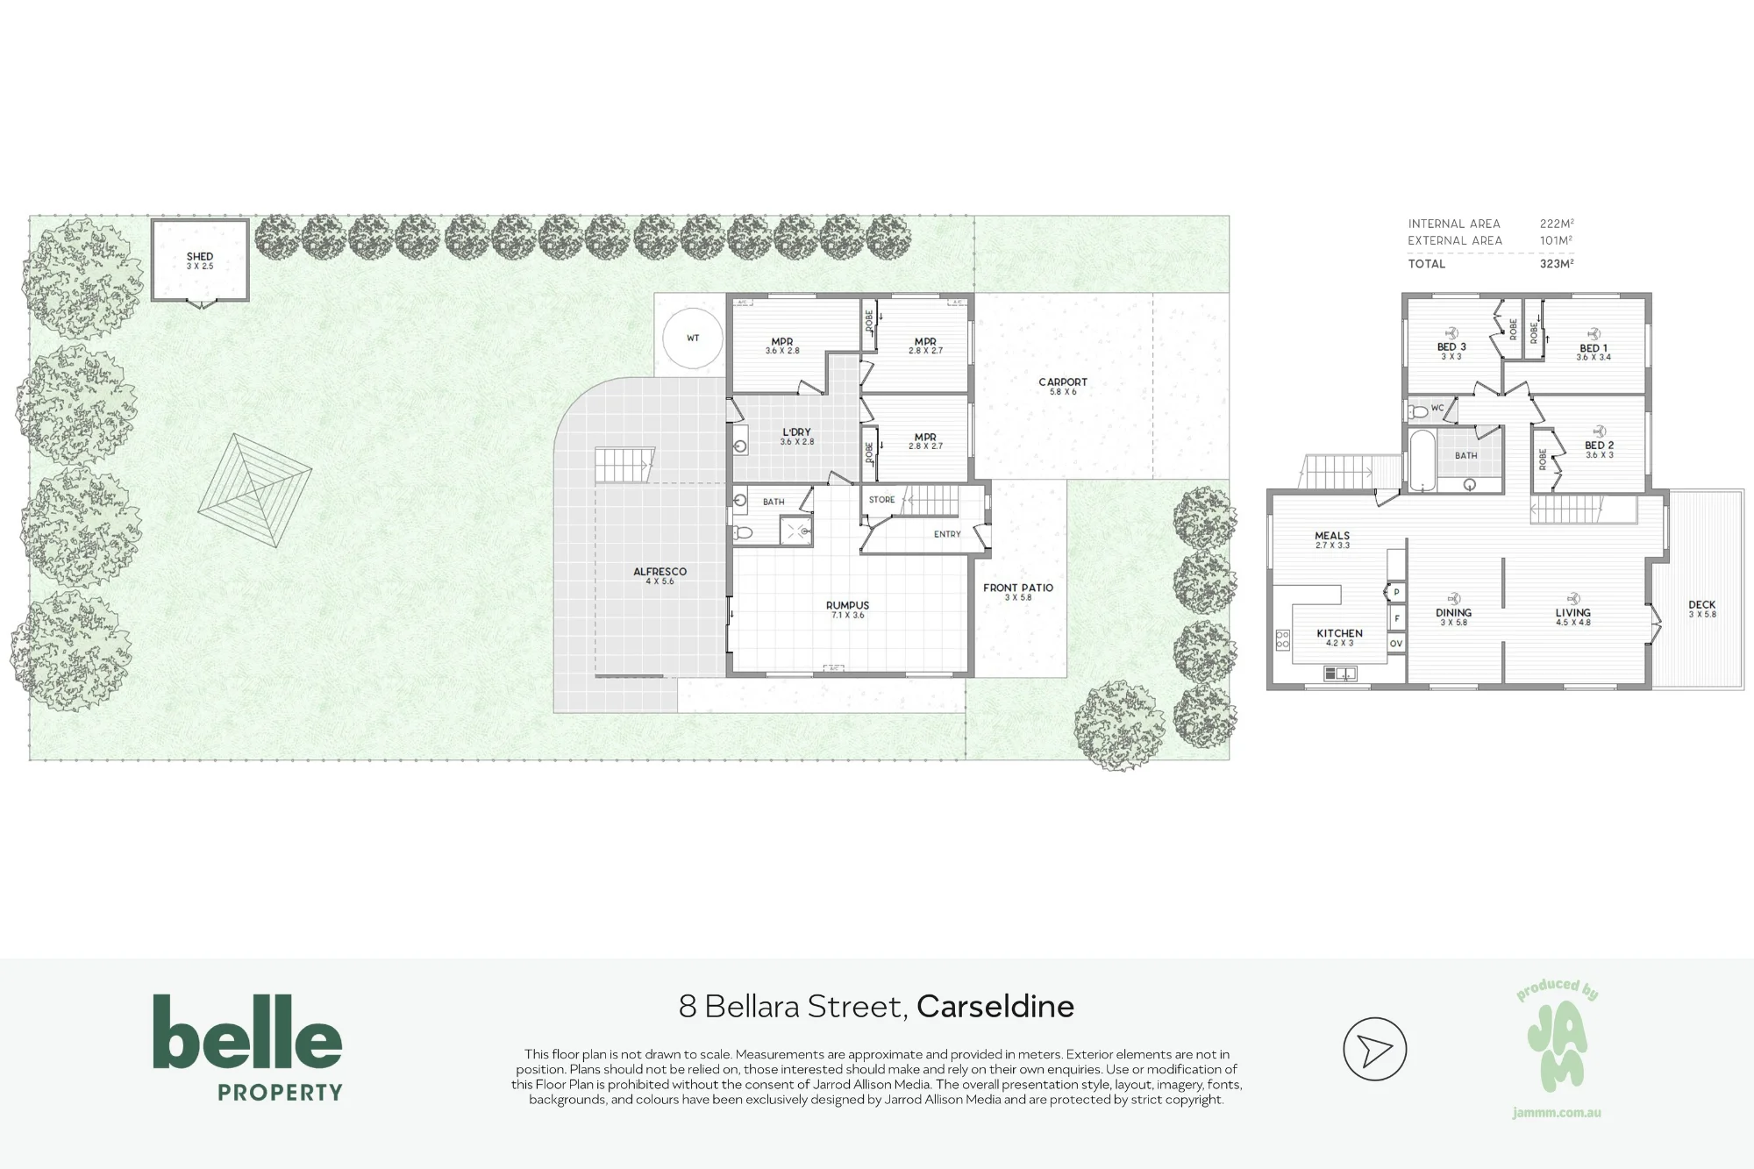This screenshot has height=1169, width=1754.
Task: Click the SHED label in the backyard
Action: tap(200, 257)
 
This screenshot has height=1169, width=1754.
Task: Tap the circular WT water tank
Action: tap(693, 338)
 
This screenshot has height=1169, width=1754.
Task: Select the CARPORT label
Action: tap(1063, 382)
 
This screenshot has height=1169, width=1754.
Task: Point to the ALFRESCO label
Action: tap(660, 572)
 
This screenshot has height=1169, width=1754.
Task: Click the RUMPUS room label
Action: tap(847, 605)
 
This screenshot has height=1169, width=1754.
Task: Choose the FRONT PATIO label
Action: tap(1018, 588)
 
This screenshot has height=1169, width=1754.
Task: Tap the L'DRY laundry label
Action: tap(797, 432)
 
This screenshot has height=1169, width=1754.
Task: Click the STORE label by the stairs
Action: tap(882, 500)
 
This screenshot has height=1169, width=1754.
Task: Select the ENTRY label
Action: tap(947, 534)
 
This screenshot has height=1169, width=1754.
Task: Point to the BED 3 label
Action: tap(1451, 347)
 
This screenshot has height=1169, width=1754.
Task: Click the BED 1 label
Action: tap(1594, 348)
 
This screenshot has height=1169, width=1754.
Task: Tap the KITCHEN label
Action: tap(1339, 633)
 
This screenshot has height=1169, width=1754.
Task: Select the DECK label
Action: tap(1702, 605)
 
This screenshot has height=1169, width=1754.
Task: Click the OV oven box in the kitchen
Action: tap(1396, 644)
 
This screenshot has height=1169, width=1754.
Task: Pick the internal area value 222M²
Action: tap(1557, 224)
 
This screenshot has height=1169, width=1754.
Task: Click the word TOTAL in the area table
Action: tap(1427, 264)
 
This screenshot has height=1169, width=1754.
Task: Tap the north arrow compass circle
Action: tap(1375, 1049)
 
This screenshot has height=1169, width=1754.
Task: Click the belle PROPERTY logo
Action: tap(248, 1047)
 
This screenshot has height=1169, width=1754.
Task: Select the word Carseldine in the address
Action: tap(995, 1007)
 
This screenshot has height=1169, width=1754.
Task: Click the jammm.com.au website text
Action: tap(1557, 1113)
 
